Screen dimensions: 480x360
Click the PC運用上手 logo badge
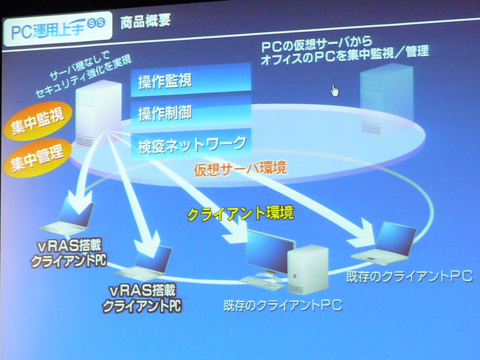click(x=58, y=28)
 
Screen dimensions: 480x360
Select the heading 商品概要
click(x=145, y=21)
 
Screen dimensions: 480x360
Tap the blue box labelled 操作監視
click(x=191, y=80)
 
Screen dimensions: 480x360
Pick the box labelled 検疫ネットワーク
click(x=191, y=144)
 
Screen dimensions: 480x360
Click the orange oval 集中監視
click(x=37, y=121)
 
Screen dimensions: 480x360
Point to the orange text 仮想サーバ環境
click(x=241, y=169)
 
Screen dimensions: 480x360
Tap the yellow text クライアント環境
click(x=241, y=213)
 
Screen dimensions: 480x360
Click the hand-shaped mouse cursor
click(x=335, y=91)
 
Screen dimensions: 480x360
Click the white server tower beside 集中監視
click(x=98, y=113)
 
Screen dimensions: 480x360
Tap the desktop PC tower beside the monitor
click(x=308, y=269)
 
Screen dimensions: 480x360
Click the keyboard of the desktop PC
click(x=262, y=283)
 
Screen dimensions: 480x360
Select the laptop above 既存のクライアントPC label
click(x=385, y=244)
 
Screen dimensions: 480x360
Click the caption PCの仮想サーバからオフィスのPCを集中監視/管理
click(x=344, y=51)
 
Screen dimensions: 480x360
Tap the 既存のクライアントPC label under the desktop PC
click(x=283, y=305)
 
